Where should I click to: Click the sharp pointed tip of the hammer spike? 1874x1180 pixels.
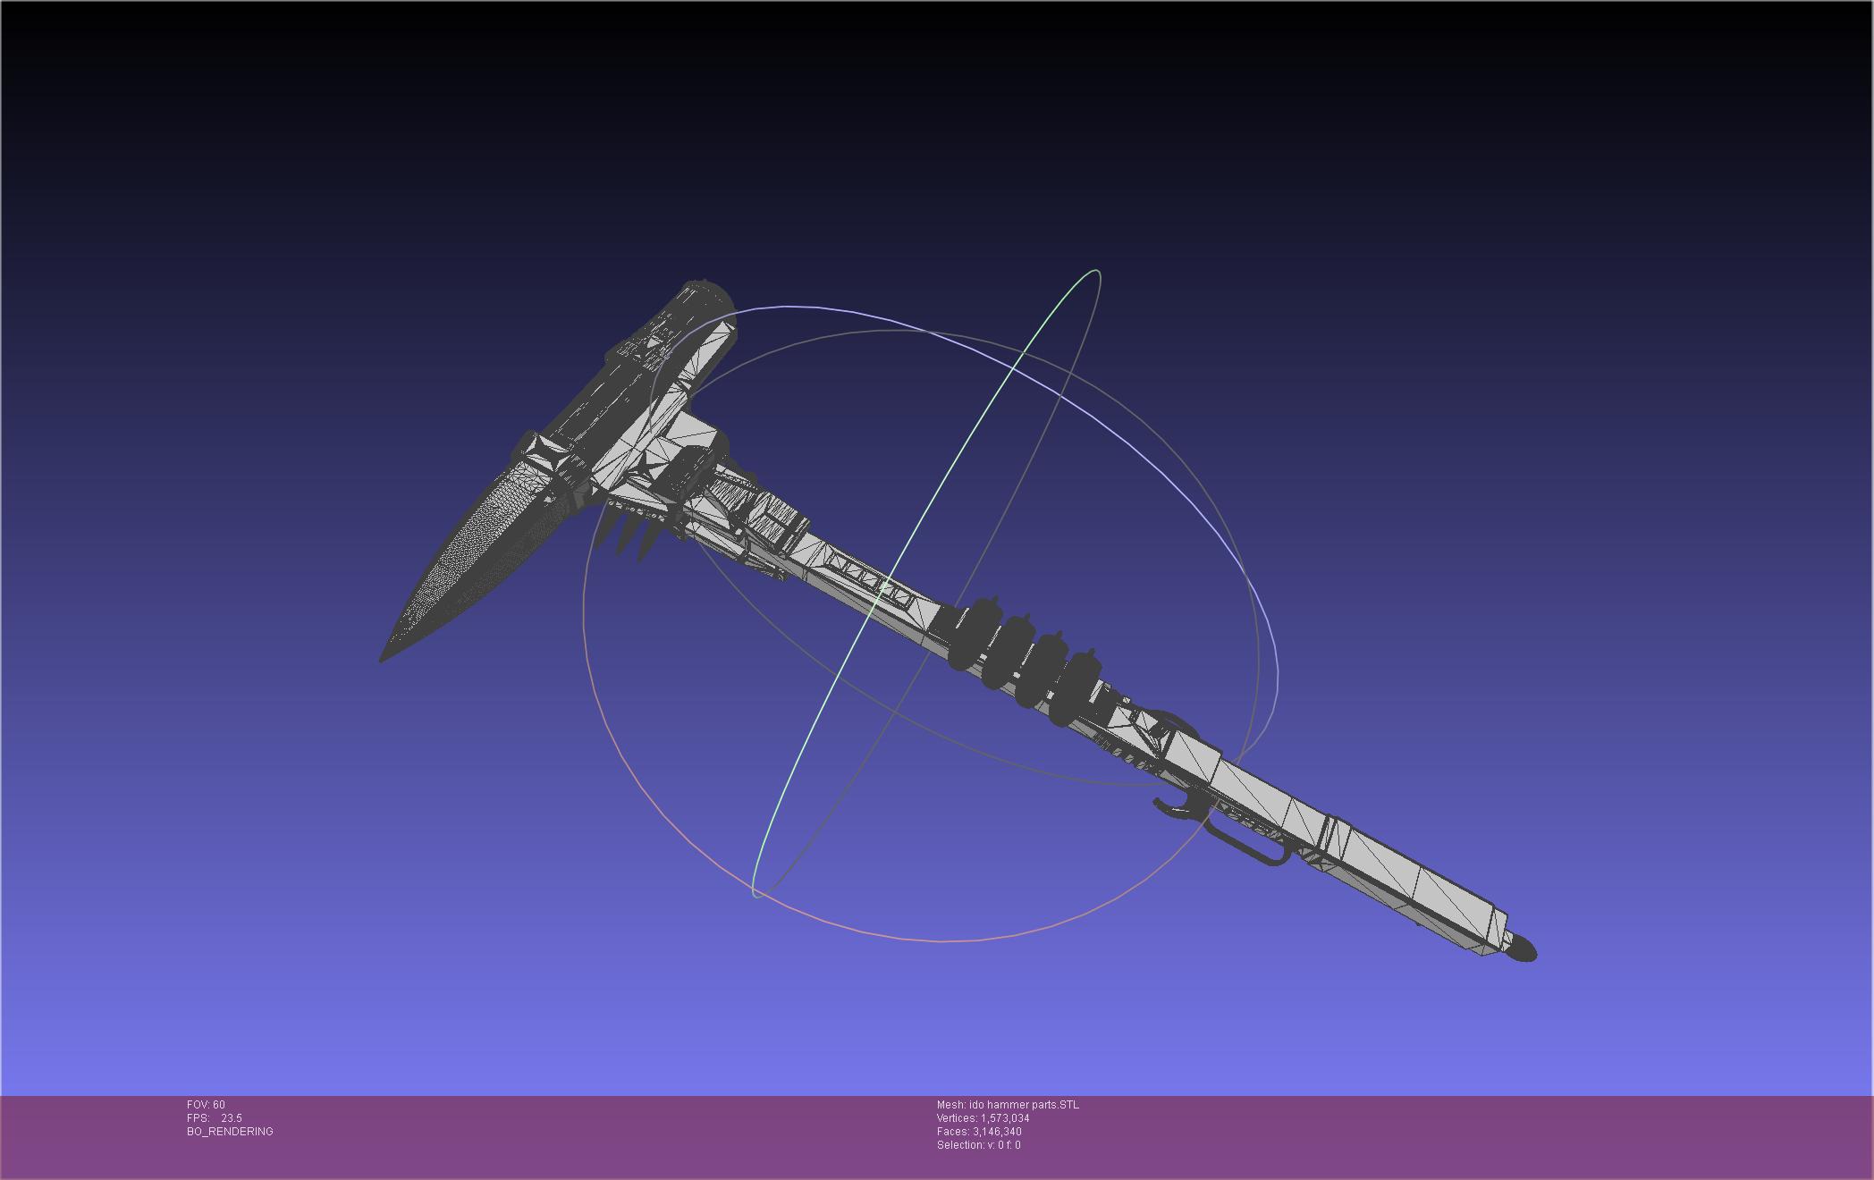(x=382, y=661)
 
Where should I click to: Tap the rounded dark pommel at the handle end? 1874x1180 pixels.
(x=1523, y=948)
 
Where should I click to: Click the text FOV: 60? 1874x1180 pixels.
(x=206, y=1105)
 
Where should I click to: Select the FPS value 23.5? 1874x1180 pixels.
(x=232, y=1118)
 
